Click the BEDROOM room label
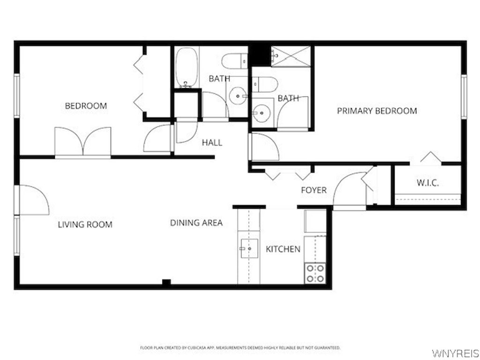86,106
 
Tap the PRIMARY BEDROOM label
377,111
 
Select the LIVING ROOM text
85,225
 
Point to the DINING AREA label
196,223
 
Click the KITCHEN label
283,249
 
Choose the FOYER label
314,190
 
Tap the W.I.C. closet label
427,183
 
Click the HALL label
212,142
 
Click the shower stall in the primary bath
291,56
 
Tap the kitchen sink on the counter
249,248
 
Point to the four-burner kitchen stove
315,273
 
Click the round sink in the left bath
239,97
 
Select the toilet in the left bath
235,60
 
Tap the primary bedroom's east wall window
464,97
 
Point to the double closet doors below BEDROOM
83,142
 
